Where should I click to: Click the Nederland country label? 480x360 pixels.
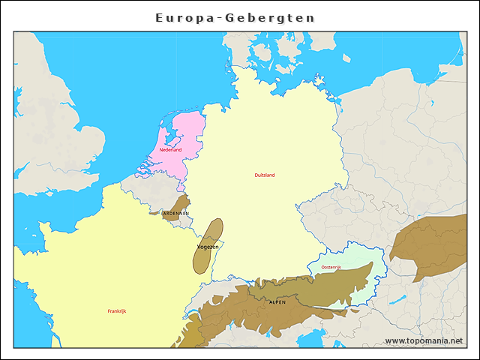tap(170, 150)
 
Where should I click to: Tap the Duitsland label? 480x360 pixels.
tap(265, 175)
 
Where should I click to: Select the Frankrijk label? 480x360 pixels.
tap(117, 310)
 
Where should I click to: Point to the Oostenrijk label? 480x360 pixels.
tap(331, 267)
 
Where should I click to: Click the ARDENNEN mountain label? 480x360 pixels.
tap(175, 213)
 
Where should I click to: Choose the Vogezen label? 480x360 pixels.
tap(208, 247)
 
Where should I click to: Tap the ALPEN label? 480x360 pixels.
tap(277, 301)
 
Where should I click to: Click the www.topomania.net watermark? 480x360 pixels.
tap(424, 340)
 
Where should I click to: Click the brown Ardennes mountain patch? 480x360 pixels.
tap(179, 203)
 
